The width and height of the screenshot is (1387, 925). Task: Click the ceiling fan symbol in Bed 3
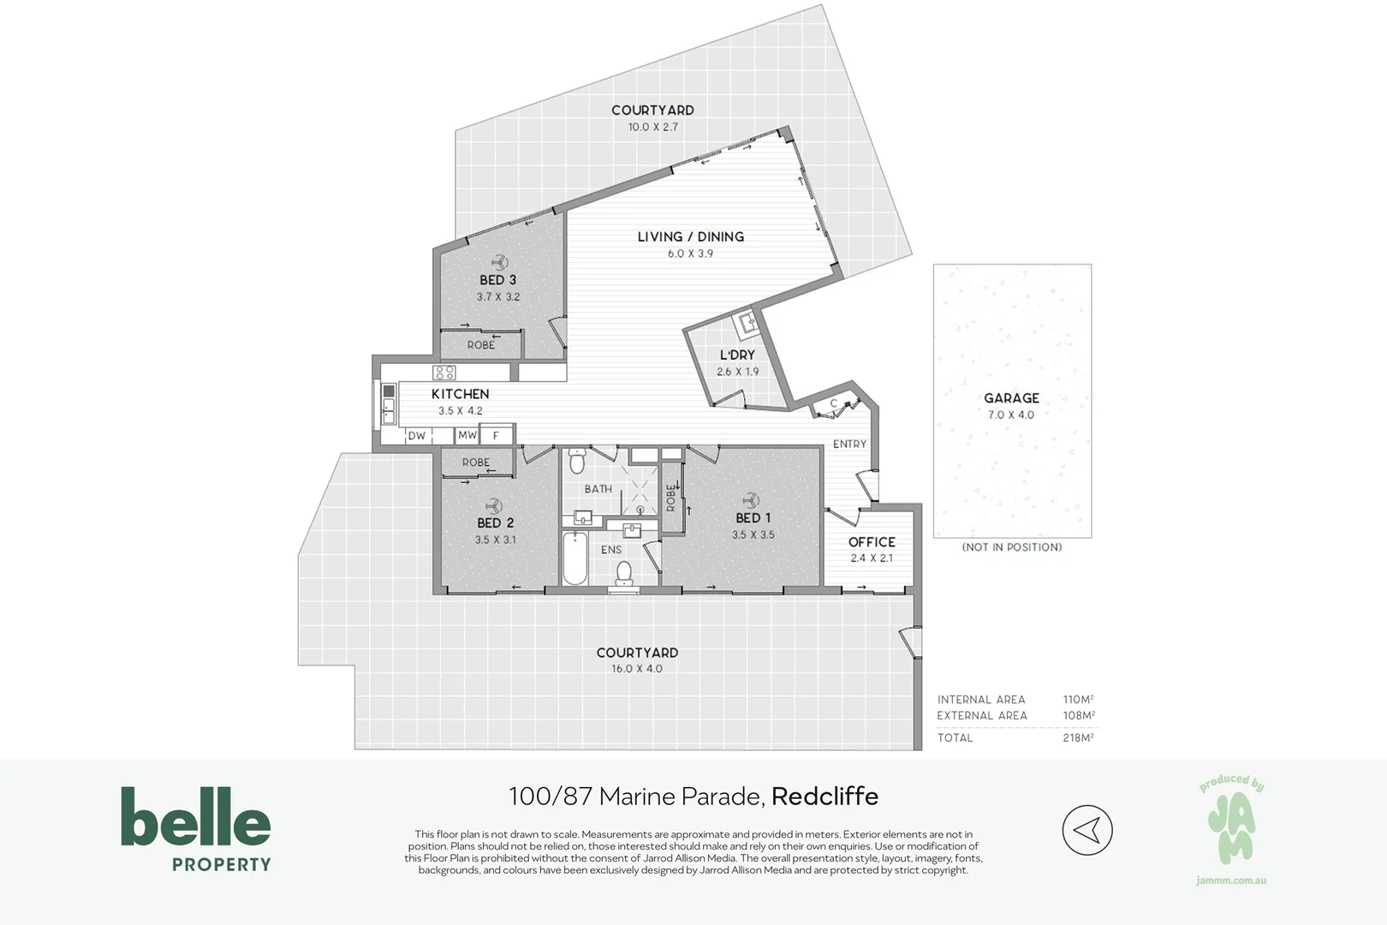(x=498, y=262)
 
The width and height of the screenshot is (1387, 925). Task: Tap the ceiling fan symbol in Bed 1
(x=751, y=500)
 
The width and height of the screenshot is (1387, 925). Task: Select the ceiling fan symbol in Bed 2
(x=492, y=505)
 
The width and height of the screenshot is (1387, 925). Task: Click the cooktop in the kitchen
(x=444, y=373)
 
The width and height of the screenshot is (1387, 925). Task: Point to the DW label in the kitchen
(x=416, y=436)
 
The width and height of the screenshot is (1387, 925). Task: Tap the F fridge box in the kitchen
(x=496, y=436)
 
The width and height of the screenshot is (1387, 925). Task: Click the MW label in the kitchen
(x=467, y=435)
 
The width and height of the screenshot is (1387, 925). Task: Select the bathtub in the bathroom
(x=574, y=558)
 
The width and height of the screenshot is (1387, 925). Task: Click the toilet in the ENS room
(x=625, y=572)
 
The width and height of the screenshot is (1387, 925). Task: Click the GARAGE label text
(x=1011, y=398)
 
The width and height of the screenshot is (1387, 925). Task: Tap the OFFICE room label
(x=872, y=542)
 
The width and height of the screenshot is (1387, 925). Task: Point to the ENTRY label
(x=849, y=444)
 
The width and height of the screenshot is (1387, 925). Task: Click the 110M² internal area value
(x=1078, y=700)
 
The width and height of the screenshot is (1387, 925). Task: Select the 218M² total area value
(x=1078, y=737)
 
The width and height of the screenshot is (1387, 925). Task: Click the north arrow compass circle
(x=1086, y=830)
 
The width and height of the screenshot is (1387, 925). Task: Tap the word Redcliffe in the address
(x=824, y=797)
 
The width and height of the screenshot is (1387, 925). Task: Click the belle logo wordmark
(x=196, y=817)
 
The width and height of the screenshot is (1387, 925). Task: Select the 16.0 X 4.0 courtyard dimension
(x=636, y=669)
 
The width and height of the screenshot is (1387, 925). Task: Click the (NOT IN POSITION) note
(x=1011, y=547)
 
